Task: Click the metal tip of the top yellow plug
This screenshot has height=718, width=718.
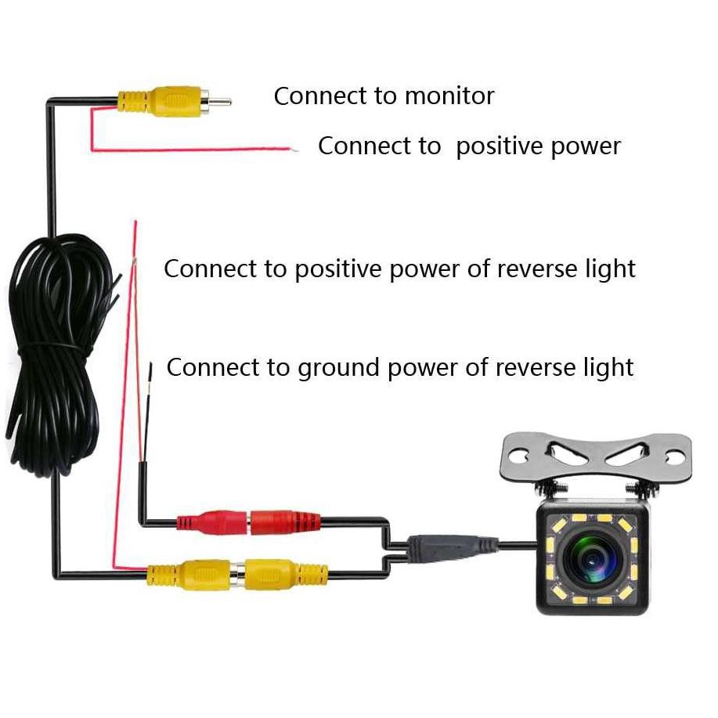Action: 222,100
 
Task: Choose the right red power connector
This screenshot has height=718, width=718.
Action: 285,521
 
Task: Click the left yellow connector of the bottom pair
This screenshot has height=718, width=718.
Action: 187,574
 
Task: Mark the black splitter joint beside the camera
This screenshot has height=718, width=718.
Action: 450,546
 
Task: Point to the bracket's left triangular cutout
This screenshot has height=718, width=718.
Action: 565,449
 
